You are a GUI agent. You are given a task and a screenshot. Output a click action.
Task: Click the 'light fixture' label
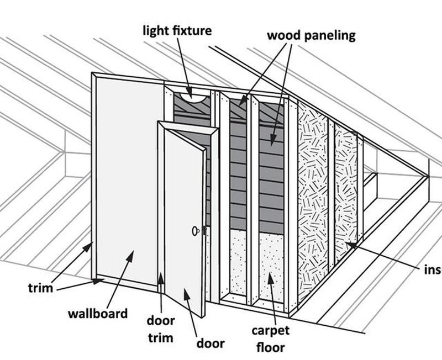tap(176, 30)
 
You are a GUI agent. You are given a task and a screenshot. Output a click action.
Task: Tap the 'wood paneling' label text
tap(311, 36)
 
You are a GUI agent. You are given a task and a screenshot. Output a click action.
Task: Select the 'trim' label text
tap(40, 288)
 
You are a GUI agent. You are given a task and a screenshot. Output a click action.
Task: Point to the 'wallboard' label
tap(98, 314)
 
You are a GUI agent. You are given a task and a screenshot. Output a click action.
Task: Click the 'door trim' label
tap(160, 329)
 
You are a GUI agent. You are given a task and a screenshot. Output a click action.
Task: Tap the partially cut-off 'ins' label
tap(433, 270)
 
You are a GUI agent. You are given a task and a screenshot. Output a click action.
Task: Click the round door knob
tap(196, 231)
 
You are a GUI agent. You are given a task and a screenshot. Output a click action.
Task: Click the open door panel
tap(185, 221)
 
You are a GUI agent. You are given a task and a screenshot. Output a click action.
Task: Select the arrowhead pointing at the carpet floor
tap(270, 276)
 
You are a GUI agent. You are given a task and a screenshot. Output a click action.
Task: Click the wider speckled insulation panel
tap(312, 199)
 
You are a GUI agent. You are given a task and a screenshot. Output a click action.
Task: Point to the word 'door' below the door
tap(211, 343)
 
